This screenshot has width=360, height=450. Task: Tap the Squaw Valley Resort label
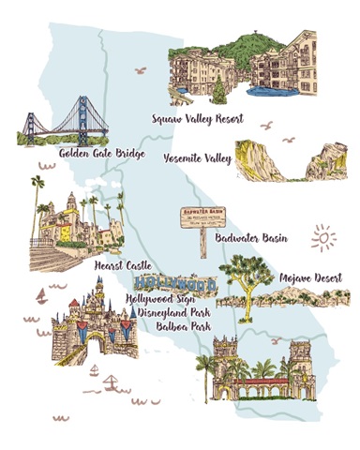[197, 119]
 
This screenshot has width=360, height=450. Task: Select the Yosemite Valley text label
[197, 158]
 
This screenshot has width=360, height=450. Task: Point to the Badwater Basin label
[250, 238]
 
